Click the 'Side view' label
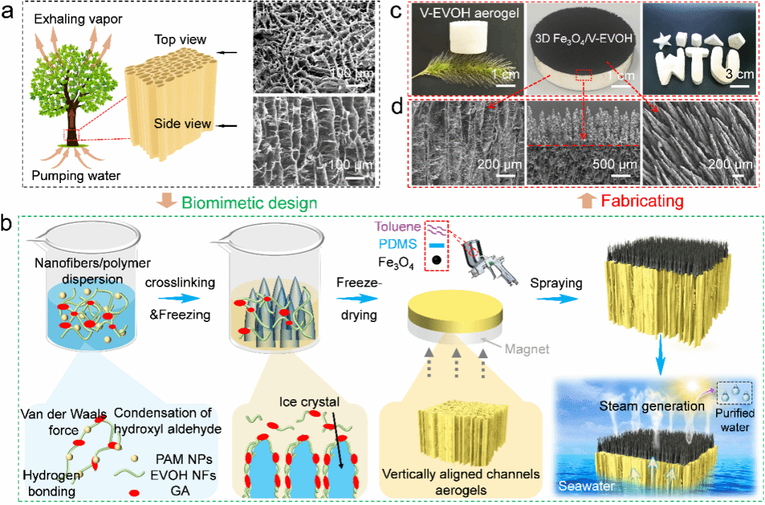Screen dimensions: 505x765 [x=183, y=124]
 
